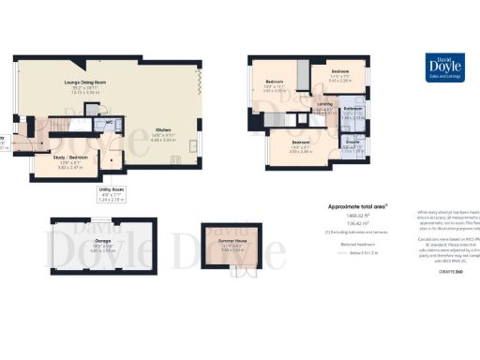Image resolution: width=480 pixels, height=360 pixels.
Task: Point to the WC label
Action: [110, 122]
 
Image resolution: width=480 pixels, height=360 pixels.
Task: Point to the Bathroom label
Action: [352, 111]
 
